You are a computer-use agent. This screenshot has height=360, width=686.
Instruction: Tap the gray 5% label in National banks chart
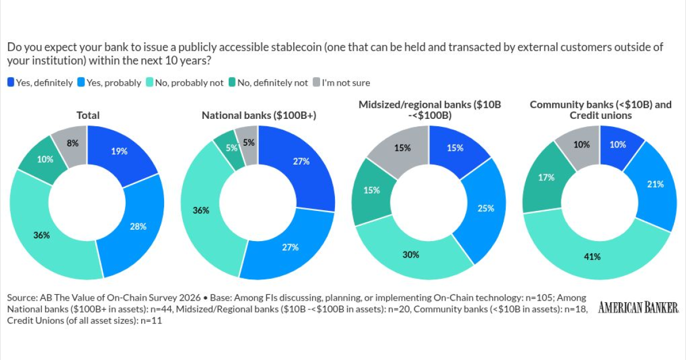[x=249, y=143]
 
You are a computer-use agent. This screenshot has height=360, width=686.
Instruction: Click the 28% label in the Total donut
[x=138, y=226]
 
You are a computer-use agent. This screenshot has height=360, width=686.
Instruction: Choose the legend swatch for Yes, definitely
[x=11, y=82]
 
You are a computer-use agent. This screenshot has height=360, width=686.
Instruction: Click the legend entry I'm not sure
[x=341, y=83]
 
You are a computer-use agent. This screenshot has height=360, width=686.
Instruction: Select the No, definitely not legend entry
[x=268, y=83]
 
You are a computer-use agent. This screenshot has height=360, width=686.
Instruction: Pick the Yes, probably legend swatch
[x=81, y=82]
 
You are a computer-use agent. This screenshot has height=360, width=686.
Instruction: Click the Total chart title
[x=88, y=115]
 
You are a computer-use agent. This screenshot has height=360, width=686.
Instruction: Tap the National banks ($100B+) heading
[x=259, y=115]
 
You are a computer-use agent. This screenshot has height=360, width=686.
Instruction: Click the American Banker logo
[x=638, y=307]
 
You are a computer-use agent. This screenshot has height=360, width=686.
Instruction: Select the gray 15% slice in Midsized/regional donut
[x=401, y=149]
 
